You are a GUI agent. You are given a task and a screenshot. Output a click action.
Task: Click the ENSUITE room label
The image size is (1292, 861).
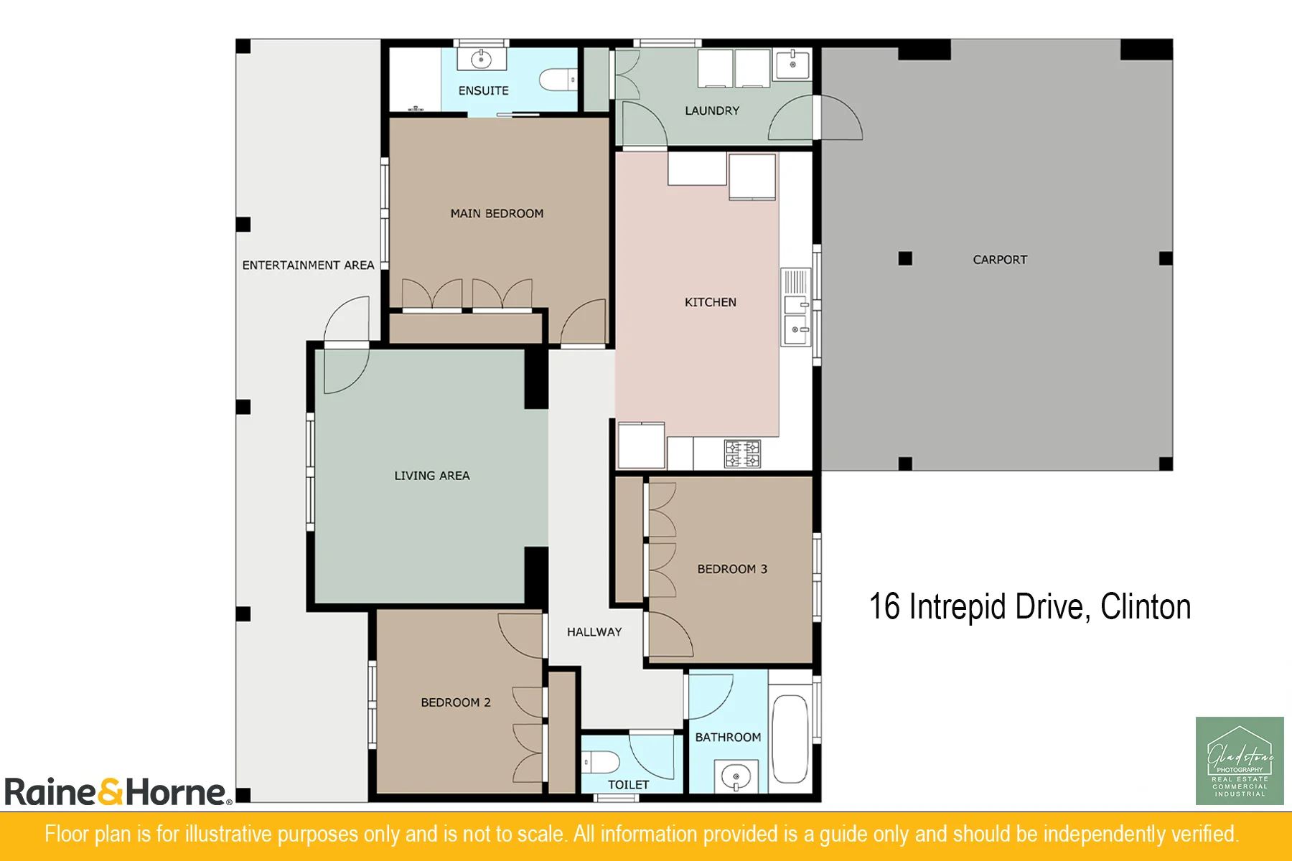(x=484, y=90)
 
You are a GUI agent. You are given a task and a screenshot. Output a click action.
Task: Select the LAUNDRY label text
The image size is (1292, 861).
(x=712, y=110)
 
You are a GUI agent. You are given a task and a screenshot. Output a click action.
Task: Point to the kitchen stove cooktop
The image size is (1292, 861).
(x=742, y=453)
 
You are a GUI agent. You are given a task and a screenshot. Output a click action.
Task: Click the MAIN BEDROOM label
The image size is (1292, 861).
(x=497, y=213)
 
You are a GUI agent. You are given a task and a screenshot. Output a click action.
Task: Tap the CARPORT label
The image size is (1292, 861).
(x=1000, y=260)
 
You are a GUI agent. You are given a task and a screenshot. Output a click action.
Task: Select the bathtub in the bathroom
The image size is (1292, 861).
(x=790, y=738)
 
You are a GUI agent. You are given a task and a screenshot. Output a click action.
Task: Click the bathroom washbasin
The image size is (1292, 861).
(x=736, y=776)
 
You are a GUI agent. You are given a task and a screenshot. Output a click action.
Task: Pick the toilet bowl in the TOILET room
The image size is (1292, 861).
(x=601, y=761)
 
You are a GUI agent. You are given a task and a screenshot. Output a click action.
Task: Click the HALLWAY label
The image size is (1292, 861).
(x=594, y=632)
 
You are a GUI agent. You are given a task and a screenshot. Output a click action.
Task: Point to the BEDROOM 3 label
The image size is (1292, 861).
(x=732, y=569)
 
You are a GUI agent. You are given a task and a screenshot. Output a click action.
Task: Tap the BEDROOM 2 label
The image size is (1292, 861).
(x=456, y=702)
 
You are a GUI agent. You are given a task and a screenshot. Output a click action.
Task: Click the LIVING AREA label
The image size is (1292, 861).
(x=432, y=476)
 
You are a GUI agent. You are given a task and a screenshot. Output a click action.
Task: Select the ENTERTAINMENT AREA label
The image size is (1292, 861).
(x=308, y=265)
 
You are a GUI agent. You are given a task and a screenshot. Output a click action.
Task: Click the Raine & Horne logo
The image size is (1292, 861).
(x=118, y=791)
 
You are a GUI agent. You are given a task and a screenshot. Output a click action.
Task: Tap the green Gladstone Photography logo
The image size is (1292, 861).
(x=1240, y=761)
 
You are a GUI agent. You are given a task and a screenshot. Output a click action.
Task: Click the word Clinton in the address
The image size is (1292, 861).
(x=1146, y=607)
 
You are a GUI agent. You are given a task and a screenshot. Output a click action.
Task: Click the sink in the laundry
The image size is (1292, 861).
(x=792, y=65)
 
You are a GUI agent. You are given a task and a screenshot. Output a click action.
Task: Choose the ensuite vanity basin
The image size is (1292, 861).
(x=481, y=59)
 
